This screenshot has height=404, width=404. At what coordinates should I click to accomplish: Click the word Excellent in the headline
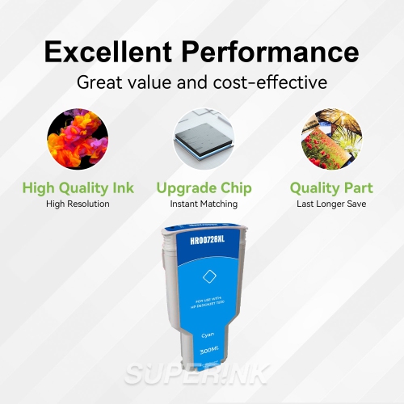110,53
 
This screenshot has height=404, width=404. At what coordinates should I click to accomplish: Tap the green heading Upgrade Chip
203,188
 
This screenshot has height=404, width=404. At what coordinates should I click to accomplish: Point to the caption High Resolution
78,204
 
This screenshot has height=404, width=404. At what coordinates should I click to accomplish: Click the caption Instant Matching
203,204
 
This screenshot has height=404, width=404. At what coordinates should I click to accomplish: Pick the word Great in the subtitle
96,82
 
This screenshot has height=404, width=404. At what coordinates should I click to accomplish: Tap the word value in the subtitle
154,82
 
